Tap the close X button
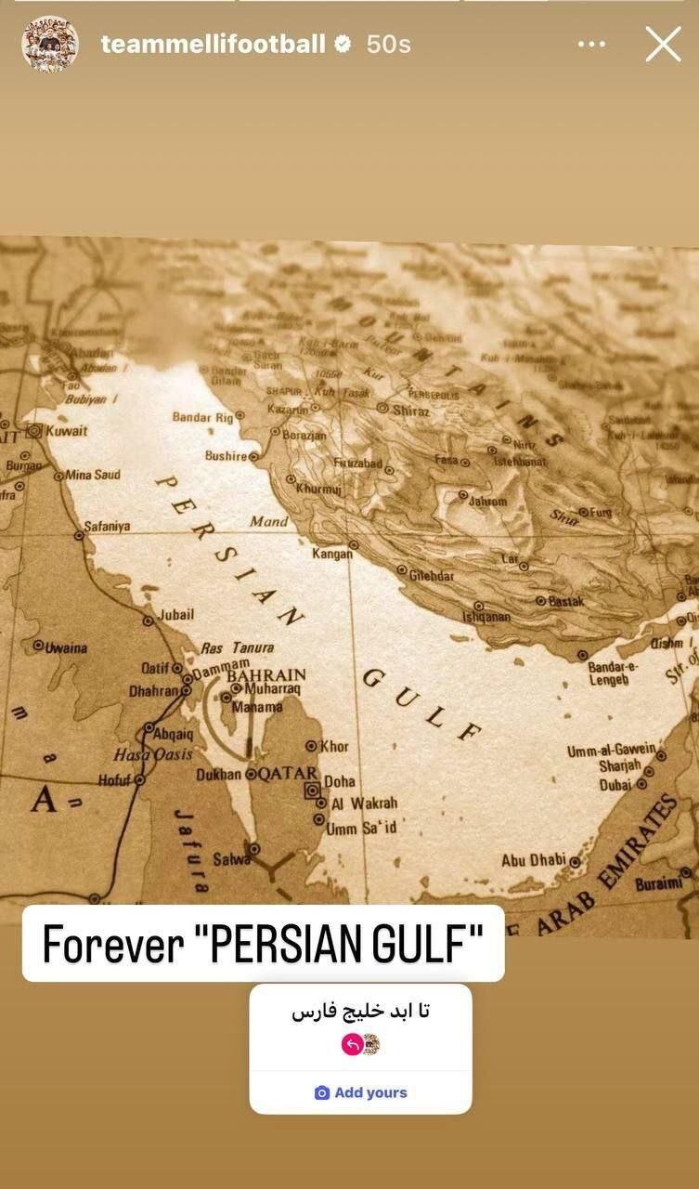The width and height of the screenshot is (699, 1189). tap(663, 45)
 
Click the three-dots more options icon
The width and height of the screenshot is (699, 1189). tap(591, 45)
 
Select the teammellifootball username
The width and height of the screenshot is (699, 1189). tap(213, 45)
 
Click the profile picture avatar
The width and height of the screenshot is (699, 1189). tap(49, 44)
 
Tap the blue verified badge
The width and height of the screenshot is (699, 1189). tap(343, 44)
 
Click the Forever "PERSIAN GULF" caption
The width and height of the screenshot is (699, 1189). tap(263, 944)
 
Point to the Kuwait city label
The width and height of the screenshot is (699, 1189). tap(67, 431)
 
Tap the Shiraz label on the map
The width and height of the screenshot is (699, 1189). tap(411, 410)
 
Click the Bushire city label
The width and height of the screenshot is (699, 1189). tap(226, 456)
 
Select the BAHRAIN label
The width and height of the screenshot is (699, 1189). tap(266, 675)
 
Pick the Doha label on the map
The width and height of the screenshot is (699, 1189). tap(340, 782)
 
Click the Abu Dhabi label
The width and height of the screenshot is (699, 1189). tap(533, 860)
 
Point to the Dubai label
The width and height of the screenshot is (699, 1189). tap(615, 785)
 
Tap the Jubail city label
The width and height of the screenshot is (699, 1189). tap(176, 615)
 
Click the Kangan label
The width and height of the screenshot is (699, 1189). tap(332, 554)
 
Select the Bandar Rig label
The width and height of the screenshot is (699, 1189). tap(202, 417)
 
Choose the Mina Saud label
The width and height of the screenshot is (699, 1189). tap(93, 476)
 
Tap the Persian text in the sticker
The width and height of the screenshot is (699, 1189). tap(360, 1011)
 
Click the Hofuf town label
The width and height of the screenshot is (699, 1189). tap(115, 780)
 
